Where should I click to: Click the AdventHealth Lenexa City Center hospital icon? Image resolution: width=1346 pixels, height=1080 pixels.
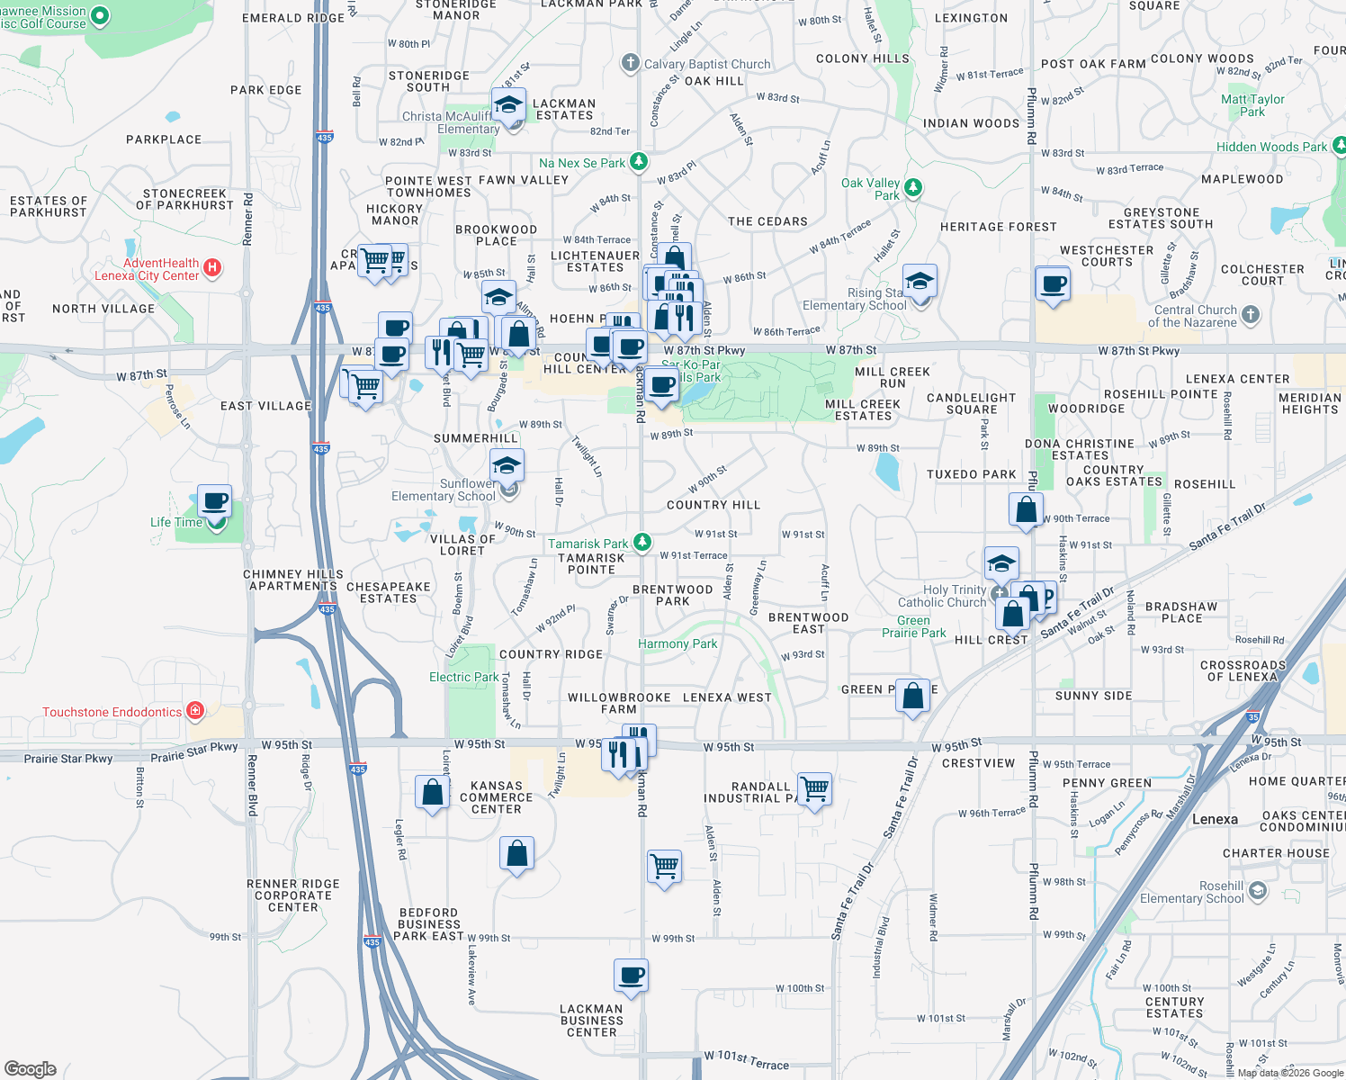[x=212, y=267]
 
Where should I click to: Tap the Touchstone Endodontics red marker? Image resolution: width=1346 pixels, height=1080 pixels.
[x=195, y=712]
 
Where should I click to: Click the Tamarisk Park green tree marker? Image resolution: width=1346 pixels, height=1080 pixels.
[x=642, y=542]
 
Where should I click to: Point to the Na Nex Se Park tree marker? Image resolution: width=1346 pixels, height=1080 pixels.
[x=639, y=162]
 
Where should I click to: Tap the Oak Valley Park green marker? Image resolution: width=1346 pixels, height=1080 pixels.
[x=913, y=187]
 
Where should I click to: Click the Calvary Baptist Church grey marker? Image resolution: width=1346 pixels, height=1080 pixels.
[x=631, y=63]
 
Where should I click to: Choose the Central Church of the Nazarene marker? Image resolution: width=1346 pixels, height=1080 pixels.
[x=1251, y=315]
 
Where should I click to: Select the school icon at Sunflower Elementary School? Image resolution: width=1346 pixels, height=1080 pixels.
[x=507, y=466]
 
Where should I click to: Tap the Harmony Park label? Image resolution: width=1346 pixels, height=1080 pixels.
[x=677, y=643]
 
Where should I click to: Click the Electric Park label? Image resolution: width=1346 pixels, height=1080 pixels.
[x=463, y=677]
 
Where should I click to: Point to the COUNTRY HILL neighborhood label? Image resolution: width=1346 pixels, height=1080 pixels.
[x=713, y=505]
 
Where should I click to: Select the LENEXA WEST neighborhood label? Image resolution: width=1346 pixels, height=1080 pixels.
[x=727, y=697]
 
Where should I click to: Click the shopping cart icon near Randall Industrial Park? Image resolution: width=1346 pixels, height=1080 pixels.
[x=814, y=789]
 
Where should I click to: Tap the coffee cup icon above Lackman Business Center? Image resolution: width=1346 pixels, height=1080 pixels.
[x=632, y=976]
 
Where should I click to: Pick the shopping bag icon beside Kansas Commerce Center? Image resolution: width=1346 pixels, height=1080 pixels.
[x=433, y=793]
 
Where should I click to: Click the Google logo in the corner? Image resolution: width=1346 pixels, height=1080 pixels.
[x=30, y=1068]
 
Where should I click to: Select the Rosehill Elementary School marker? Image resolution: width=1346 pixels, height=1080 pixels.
[x=1258, y=891]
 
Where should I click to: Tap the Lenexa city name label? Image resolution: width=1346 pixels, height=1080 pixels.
[x=1215, y=819]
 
